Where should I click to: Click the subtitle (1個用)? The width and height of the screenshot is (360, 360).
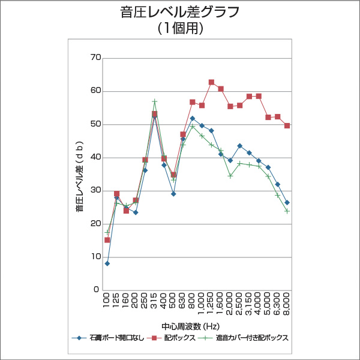[180, 28]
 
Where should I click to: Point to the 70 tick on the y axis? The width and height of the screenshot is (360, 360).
[95, 58]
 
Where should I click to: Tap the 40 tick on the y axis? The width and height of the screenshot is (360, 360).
[95, 157]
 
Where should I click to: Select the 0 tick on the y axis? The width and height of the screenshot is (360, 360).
[97, 290]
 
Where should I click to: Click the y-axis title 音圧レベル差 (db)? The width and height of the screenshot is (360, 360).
[79, 174]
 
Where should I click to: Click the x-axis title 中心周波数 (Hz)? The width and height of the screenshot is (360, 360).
[191, 326]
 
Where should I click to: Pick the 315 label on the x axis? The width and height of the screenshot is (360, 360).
[155, 301]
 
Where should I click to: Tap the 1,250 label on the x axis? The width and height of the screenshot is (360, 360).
[211, 304]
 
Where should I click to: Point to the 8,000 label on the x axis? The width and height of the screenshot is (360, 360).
[287, 304]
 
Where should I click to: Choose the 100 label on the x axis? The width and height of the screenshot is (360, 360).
[107, 301]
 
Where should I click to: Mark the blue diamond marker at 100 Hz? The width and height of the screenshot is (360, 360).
[107, 263]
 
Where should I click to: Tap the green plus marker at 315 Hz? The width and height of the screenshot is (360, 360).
[155, 102]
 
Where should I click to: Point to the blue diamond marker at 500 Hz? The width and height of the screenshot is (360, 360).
[173, 194]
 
